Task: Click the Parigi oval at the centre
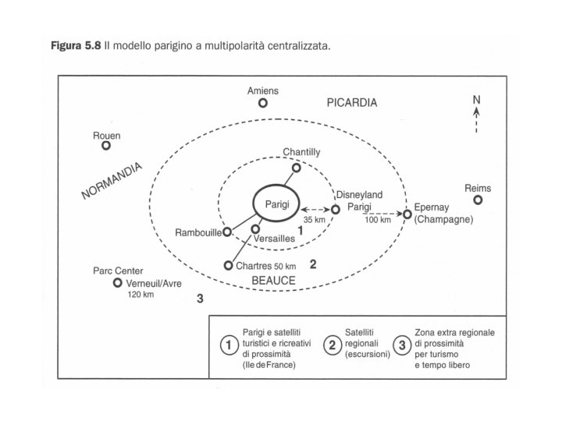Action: [277, 202]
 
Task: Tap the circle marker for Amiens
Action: [263, 102]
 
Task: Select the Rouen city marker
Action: [106, 145]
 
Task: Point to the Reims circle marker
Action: [478, 200]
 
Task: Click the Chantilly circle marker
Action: [296, 168]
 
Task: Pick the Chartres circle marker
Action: [229, 265]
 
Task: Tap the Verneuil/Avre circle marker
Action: [118, 283]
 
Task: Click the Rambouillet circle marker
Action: [227, 232]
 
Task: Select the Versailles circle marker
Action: [255, 229]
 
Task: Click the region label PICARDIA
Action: [352, 103]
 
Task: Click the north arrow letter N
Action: [476, 99]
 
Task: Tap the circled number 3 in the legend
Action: [404, 344]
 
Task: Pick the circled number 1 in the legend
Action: [229, 344]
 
